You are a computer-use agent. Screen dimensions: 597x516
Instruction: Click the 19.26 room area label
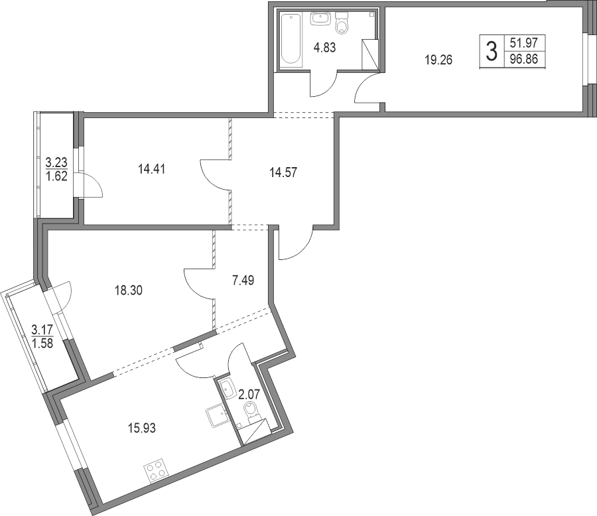pyautogui.click(x=438, y=60)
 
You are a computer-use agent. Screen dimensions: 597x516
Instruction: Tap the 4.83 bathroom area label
pyautogui.click(x=325, y=48)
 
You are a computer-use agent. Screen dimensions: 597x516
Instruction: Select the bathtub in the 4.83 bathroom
pyautogui.click(x=291, y=38)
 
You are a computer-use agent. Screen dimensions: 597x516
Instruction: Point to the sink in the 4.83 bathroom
pyautogui.click(x=322, y=19)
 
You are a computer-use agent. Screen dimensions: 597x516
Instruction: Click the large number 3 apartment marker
pyautogui.click(x=492, y=52)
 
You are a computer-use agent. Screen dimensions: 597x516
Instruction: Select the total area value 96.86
pyautogui.click(x=524, y=60)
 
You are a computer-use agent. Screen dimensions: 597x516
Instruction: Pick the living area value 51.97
pyautogui.click(x=524, y=43)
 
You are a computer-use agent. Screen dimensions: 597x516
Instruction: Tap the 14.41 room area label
pyautogui.click(x=151, y=168)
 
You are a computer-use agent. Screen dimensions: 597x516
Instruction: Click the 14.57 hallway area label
pyautogui.click(x=283, y=172)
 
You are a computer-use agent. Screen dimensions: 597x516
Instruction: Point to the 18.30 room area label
pyautogui.click(x=129, y=290)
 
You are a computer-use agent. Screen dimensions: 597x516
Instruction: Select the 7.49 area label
pyautogui.click(x=243, y=281)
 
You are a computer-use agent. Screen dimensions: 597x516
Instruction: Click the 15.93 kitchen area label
pyautogui.click(x=142, y=428)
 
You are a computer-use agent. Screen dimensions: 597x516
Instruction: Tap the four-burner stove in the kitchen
pyautogui.click(x=156, y=470)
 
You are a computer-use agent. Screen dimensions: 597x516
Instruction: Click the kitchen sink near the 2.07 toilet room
pyautogui.click(x=218, y=416)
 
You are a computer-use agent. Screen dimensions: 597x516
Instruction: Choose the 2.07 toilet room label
pyautogui.click(x=249, y=395)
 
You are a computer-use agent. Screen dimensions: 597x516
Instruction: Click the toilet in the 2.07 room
pyautogui.click(x=251, y=412)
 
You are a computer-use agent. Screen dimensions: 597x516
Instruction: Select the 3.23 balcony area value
pyautogui.click(x=56, y=163)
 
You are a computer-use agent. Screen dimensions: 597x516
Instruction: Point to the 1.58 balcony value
pyautogui.click(x=42, y=344)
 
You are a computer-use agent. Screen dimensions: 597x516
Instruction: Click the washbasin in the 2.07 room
pyautogui.click(x=228, y=389)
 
